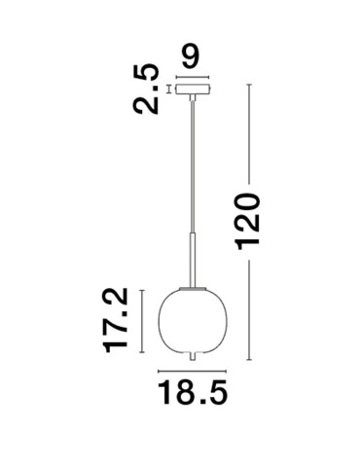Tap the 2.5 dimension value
pos(149,90)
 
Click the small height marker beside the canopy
pos(170,90)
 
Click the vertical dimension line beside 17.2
pos(141,321)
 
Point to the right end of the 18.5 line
pos(227,372)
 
